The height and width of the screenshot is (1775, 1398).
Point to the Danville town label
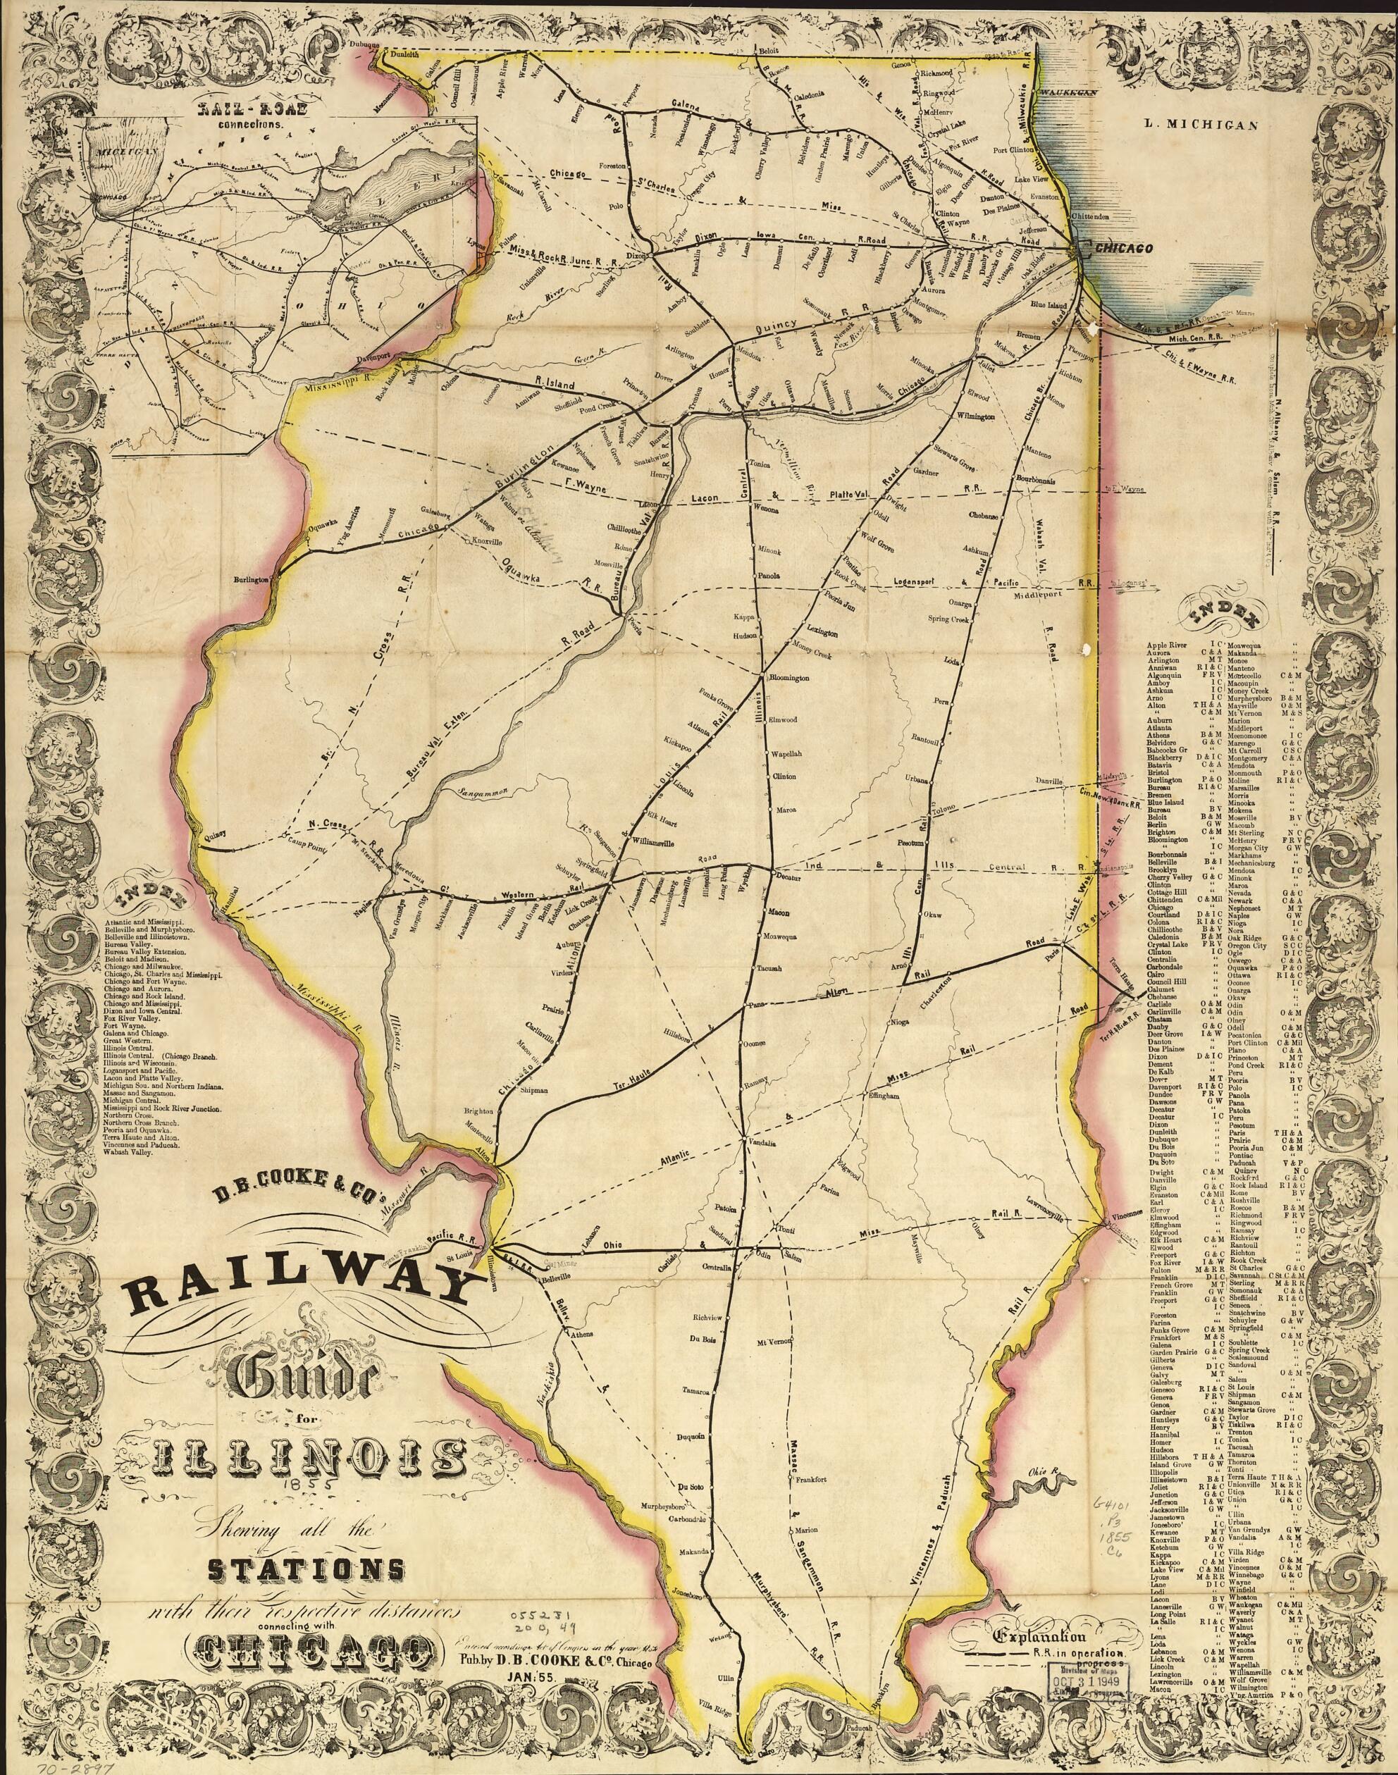[x=1048, y=781]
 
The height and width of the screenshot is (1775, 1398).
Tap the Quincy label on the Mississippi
[x=211, y=836]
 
